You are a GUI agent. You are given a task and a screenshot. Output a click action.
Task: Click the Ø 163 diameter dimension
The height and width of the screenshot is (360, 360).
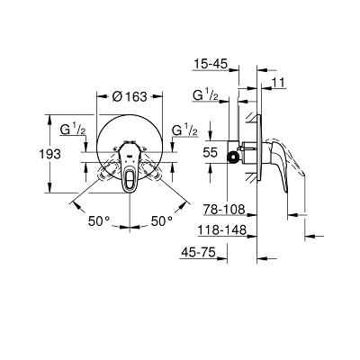click(130, 96)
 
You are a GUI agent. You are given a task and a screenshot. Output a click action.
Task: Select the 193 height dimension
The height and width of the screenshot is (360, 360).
click(50, 154)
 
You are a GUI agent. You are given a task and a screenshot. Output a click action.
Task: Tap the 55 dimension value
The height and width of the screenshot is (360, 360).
click(210, 153)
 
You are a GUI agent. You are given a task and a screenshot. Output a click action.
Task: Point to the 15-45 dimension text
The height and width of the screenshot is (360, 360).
click(211, 64)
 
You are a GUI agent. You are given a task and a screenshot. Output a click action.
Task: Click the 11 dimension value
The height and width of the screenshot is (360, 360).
click(279, 82)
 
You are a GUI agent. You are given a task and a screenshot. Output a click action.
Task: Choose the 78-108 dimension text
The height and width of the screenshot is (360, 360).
click(224, 209)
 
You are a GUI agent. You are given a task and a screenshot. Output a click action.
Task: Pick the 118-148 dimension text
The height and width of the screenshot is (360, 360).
click(222, 230)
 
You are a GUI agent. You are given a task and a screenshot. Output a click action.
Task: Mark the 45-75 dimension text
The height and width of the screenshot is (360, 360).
click(198, 252)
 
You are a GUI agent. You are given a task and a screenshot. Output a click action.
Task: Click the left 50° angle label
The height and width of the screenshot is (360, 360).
click(99, 221)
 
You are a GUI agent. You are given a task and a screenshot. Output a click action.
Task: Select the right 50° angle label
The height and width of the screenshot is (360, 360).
click(162, 221)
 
